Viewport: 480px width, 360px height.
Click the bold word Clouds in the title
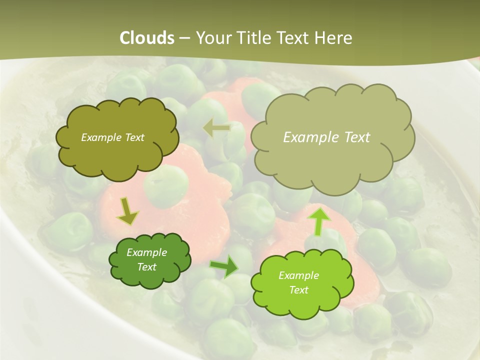pos(146,38)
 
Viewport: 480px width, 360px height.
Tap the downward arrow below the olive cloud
pos(127,211)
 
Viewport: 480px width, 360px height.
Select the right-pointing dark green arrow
pos(224,266)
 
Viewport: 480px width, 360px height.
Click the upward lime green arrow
pos(318,220)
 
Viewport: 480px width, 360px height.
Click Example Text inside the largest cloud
pos(326,137)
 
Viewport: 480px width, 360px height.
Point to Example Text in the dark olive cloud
pos(112,137)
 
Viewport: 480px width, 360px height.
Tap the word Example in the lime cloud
pos(298,275)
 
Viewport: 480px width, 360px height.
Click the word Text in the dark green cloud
pos(147,267)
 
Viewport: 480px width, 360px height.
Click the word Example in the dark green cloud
pos(147,253)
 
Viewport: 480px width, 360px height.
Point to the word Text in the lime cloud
pos(298,290)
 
